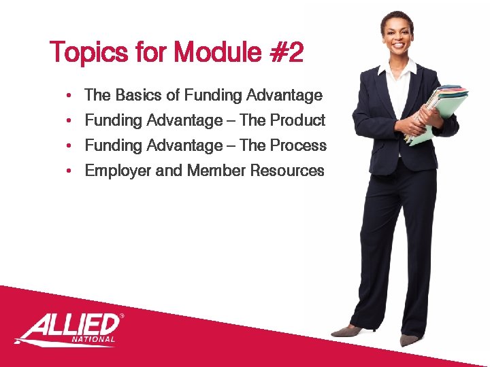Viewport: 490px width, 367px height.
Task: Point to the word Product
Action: click(297, 120)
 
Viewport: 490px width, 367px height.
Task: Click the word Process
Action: click(298, 145)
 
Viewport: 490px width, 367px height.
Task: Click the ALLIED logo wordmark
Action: click(68, 325)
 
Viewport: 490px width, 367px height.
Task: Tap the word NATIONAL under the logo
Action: click(93, 338)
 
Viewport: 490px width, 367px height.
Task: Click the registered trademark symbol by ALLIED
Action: click(122, 316)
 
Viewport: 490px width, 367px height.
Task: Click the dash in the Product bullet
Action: click(231, 121)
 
